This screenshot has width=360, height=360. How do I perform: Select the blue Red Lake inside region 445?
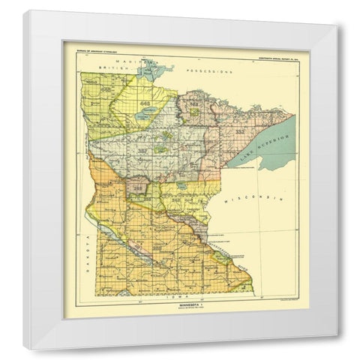(x=148, y=110)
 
